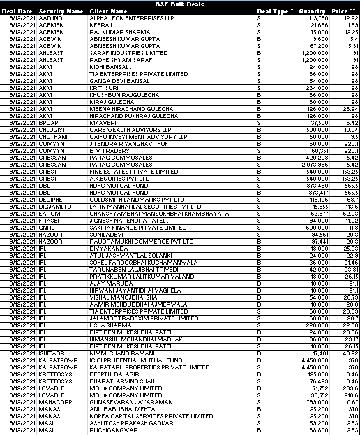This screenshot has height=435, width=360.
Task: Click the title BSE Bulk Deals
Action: tap(179, 4)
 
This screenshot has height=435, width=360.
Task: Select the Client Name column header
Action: tap(110, 11)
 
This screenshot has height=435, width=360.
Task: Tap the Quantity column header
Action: tap(312, 11)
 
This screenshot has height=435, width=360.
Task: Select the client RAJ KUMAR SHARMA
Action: tap(118, 32)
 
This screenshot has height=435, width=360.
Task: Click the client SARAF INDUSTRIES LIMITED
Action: tap(128, 52)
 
